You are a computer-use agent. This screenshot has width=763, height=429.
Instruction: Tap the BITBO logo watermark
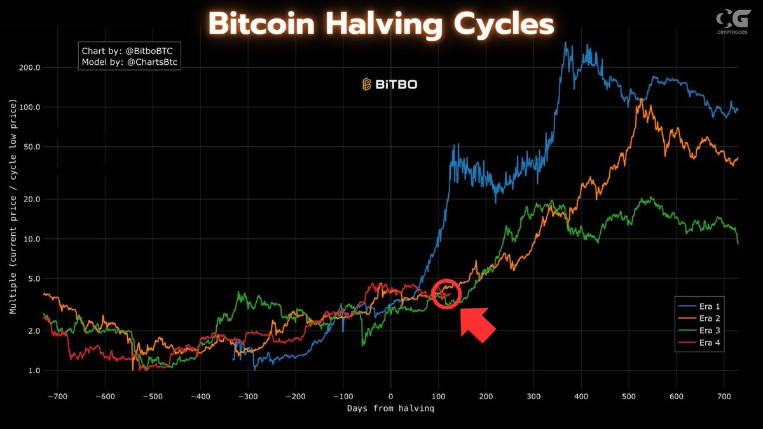390,84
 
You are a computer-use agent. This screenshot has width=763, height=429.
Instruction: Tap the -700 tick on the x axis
57,395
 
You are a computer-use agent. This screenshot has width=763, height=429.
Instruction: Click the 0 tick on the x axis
390,395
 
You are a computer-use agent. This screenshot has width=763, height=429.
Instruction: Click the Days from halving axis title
390,408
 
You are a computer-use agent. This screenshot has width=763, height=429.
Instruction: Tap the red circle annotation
445,293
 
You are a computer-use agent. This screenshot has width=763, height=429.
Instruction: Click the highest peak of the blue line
565,43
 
